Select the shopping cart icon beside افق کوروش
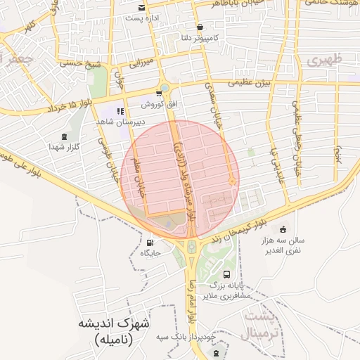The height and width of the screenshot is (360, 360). point(158,94)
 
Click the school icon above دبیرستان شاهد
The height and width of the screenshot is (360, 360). point(121,111)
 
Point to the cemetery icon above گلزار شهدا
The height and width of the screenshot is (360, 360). point(65,136)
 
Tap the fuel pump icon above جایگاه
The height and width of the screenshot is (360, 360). point(149,243)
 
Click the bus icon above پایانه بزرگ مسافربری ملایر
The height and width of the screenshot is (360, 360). point(226,274)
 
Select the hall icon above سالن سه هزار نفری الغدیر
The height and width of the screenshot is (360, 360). point(283,229)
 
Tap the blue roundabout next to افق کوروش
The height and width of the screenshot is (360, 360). point(164,89)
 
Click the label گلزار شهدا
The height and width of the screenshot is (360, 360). point(56,146)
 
